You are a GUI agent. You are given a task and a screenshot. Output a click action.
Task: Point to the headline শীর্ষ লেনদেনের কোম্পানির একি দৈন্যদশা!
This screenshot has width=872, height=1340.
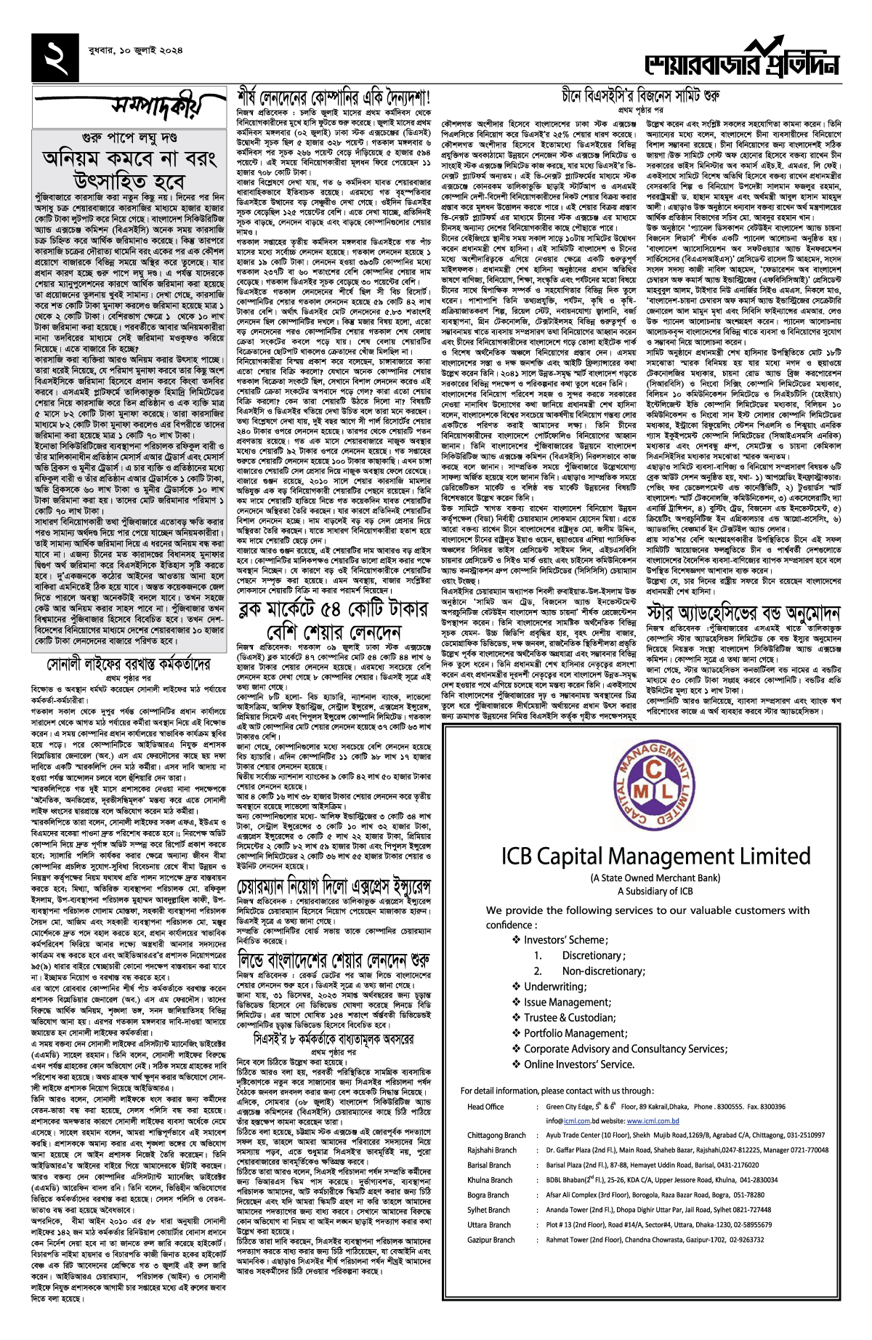point(334,97)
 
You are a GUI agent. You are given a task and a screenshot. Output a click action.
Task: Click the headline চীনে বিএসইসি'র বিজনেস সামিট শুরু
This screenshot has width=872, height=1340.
point(639,96)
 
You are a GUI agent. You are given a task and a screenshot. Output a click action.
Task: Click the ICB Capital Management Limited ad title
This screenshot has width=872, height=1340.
point(655,856)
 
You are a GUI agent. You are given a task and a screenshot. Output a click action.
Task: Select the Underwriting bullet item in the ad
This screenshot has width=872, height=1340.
point(554,987)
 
